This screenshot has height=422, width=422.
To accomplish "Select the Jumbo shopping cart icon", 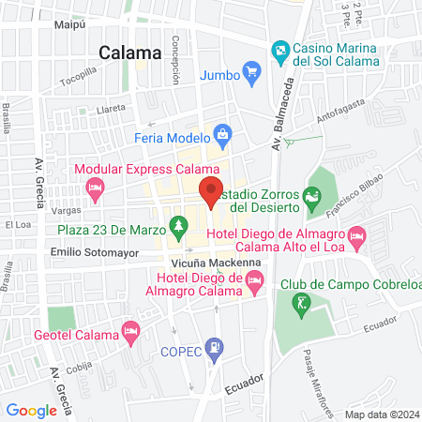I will [x=250, y=71].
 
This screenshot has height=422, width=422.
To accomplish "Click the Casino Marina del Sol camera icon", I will [x=279, y=49].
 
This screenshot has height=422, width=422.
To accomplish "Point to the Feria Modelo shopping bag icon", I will [x=221, y=135].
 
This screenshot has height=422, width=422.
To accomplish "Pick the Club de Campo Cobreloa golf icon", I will [x=300, y=303].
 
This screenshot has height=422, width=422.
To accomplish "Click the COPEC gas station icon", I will [x=216, y=347].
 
